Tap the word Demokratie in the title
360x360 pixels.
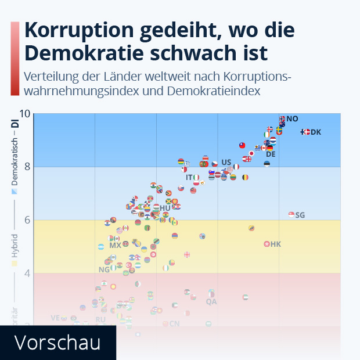pos(86,53)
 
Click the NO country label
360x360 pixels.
pos(292,119)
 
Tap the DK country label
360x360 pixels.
pos(316,132)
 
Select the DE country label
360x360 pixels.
pos(271,154)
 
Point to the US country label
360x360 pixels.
pos(226,162)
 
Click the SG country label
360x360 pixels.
pos(300,215)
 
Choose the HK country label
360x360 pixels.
pos(276,244)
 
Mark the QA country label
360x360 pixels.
pos(211,302)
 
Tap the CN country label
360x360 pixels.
pos(174,324)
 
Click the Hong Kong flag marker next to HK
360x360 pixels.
pos(267,244)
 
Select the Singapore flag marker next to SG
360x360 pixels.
pos(291,215)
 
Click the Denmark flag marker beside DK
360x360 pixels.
pos(305,132)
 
